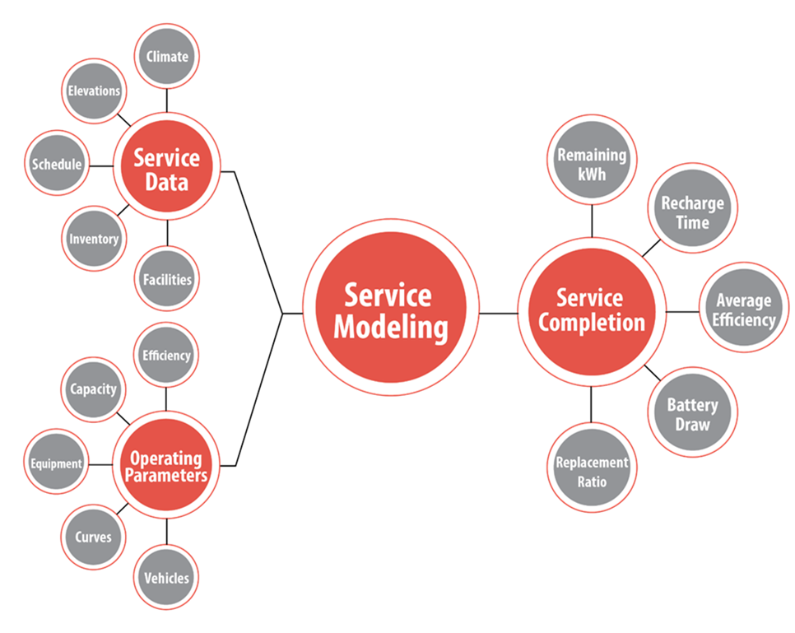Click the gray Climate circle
pyautogui.click(x=167, y=57)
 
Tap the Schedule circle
pyautogui.click(x=57, y=164)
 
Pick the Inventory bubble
pyautogui.click(x=94, y=239)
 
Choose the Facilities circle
pyautogui.click(x=167, y=279)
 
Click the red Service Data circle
pyautogui.click(x=167, y=168)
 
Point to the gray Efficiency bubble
pyautogui.click(x=166, y=356)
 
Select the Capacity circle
pyautogui.click(x=93, y=389)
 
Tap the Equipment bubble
pyautogui.click(x=57, y=463)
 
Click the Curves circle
pyautogui.click(x=93, y=538)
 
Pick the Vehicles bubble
pyautogui.click(x=166, y=578)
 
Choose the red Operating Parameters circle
pyautogui.click(x=166, y=467)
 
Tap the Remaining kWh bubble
pyautogui.click(x=592, y=163)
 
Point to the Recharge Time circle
pyautogui.click(x=692, y=212)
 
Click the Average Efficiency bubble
pyautogui.click(x=743, y=309)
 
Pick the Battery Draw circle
pyautogui.click(x=692, y=413)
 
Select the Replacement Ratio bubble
pyautogui.click(x=592, y=470)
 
